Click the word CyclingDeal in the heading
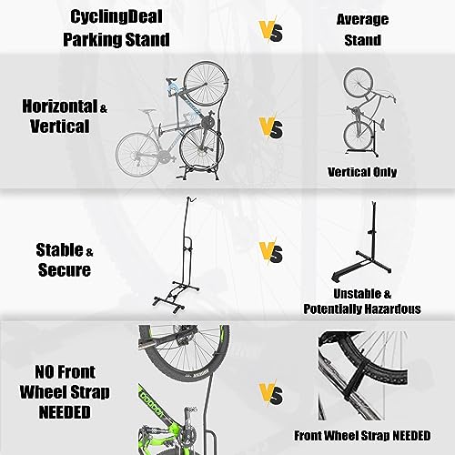[116, 17]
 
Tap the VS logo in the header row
[271, 31]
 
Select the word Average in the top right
[362, 20]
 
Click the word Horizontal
[59, 106]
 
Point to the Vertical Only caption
[362, 172]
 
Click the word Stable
[59, 250]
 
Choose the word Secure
[65, 269]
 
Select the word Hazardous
[392, 309]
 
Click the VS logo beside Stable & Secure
[271, 252]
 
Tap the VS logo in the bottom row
[271, 393]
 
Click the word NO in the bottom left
[45, 372]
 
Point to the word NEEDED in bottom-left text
[65, 412]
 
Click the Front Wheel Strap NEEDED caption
[362, 436]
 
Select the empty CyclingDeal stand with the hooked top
[177, 255]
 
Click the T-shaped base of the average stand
[361, 266]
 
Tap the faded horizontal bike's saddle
[147, 111]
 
